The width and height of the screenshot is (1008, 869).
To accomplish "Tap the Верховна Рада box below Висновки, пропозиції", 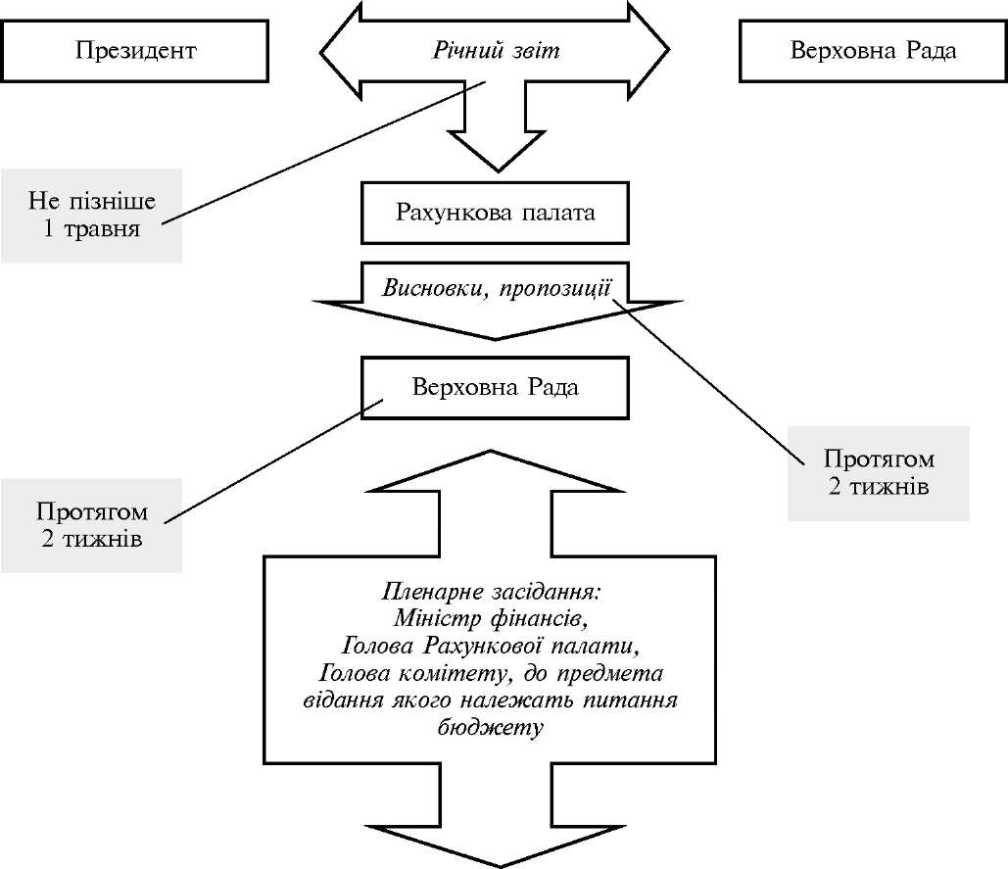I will pyautogui.click(x=495, y=387).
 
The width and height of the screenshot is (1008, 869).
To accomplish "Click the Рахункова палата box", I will pyautogui.click(x=495, y=212).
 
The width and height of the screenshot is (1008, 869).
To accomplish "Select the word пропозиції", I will pyautogui.click(x=559, y=288).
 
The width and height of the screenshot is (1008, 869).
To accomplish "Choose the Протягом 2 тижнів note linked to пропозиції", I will pyautogui.click(x=879, y=472).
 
